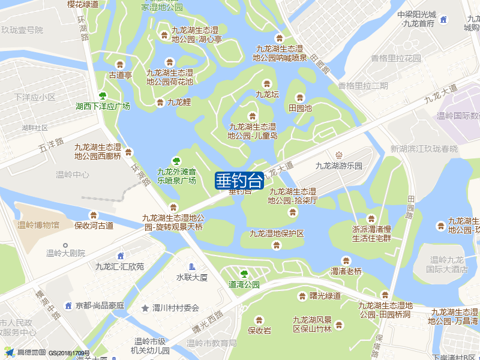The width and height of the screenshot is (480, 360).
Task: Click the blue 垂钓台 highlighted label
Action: coord(239,180)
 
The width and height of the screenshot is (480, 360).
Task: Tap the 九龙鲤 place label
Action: coord(179,103)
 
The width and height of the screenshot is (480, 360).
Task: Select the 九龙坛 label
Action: coord(267,94)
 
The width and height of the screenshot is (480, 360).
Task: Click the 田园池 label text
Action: coord(300,109)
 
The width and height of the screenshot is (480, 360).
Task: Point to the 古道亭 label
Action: coord(120,76)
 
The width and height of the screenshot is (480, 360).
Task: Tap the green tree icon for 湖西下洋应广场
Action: coord(103,95)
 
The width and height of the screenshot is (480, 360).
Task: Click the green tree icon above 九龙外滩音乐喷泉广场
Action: coord(176,161)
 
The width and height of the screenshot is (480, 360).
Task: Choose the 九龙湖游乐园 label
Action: coord(339,166)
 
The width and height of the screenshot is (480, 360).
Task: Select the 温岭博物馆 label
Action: coord(38,226)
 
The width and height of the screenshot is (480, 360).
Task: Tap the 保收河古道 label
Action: coord(94,226)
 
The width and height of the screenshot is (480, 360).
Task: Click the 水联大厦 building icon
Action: coord(191,266)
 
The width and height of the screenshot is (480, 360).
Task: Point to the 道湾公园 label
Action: coord(244,284)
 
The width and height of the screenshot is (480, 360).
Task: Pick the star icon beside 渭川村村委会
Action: coord(145,308)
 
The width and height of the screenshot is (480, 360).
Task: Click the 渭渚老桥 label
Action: coord(346,271)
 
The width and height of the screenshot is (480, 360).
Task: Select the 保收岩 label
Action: coord(259,330)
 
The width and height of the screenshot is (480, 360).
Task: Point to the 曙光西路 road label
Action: coord(208,322)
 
